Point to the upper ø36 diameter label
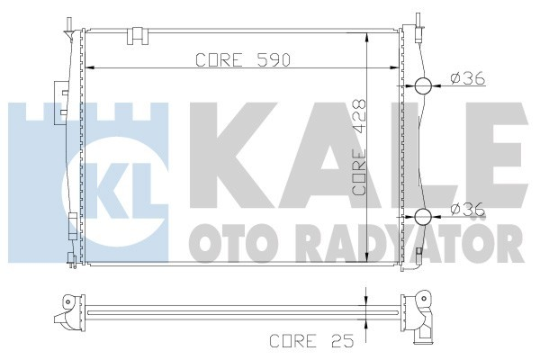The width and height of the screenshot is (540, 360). [x=468, y=79]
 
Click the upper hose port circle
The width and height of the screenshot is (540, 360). [x=424, y=86]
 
